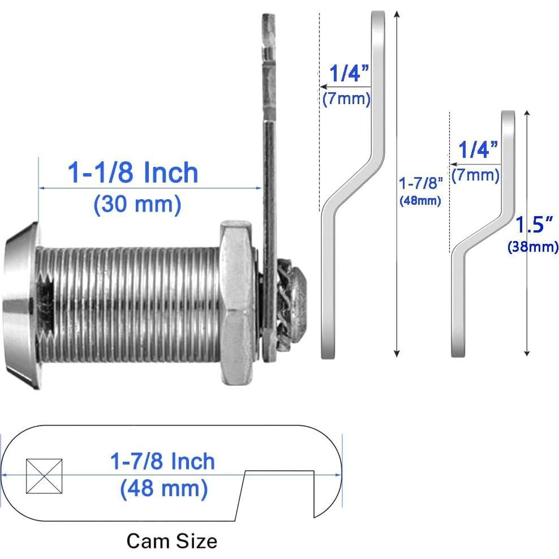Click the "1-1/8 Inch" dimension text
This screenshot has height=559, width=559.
134,172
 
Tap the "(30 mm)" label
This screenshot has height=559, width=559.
137,204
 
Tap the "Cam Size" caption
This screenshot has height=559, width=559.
171,540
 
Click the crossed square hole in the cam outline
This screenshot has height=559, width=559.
44,476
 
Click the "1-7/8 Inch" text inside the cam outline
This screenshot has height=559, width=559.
164,462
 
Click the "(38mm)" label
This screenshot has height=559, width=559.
533,247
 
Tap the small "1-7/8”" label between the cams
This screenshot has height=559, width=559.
419,184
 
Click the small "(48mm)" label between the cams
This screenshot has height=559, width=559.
420,200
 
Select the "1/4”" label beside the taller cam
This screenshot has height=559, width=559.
350,74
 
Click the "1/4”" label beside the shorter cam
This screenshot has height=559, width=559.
478,150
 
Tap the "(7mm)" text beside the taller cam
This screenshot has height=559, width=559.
347,99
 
